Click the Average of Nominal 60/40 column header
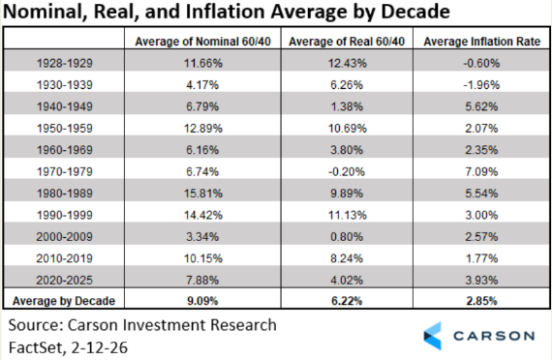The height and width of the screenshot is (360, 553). (x=202, y=42)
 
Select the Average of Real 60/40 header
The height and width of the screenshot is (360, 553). (x=347, y=42)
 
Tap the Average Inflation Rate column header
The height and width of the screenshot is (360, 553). (x=481, y=42)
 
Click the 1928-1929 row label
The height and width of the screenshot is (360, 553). (x=65, y=64)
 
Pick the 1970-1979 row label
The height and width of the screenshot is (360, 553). (x=65, y=172)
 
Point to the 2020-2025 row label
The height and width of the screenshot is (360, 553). (x=64, y=281)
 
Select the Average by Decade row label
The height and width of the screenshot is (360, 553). (x=64, y=301)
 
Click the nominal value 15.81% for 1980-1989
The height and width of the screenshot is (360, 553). (x=203, y=194)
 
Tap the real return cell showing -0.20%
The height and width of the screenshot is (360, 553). (x=347, y=172)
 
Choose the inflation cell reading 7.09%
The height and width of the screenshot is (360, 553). (x=481, y=172)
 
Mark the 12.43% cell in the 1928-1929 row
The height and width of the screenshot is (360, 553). (x=348, y=64)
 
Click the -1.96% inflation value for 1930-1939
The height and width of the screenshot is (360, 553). (x=481, y=85)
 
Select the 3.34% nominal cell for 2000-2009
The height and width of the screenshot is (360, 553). (x=202, y=237)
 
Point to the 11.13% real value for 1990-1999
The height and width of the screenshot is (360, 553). (x=348, y=215)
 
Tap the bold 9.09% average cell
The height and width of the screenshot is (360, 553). (x=202, y=301)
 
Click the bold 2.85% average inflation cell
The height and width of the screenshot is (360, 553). (x=481, y=301)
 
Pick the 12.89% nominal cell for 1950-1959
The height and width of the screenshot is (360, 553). (x=203, y=129)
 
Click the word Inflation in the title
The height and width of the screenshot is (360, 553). (x=225, y=12)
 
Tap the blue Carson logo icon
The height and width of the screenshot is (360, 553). (x=433, y=336)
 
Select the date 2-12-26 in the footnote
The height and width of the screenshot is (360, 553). (x=99, y=347)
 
